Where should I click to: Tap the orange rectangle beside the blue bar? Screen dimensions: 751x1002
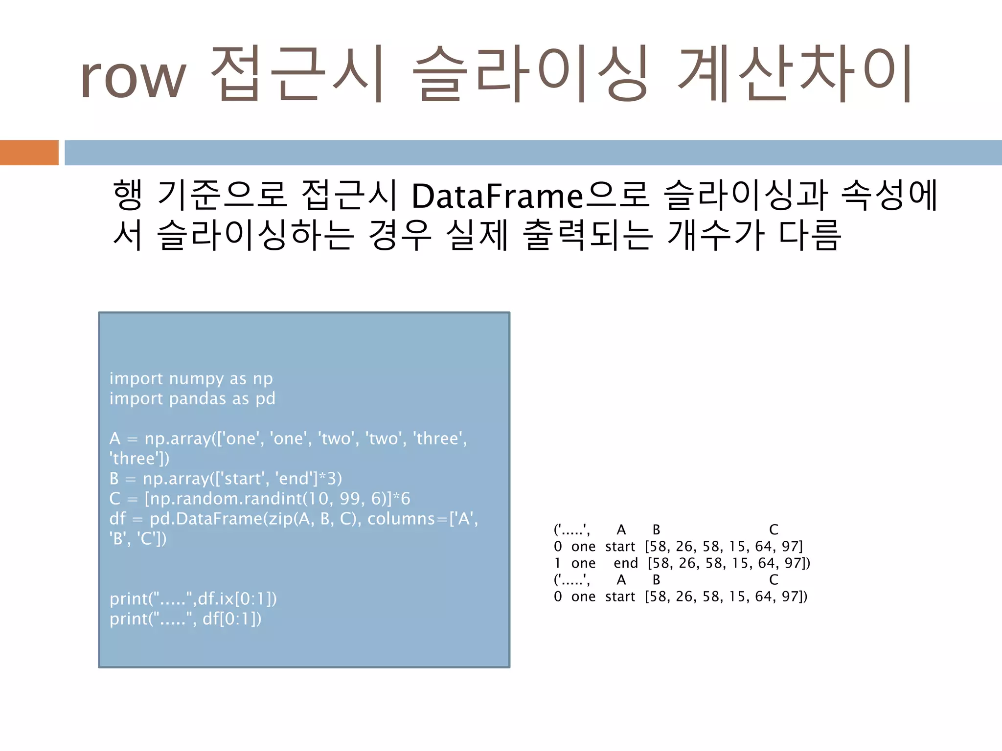(29, 153)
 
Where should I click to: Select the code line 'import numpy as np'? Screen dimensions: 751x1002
(191, 378)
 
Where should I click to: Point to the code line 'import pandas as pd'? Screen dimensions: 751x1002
(192, 398)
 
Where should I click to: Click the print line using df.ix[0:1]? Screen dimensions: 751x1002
(193, 599)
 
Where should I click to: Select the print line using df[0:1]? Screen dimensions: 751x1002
(185, 619)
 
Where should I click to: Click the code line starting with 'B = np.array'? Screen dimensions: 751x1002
(226, 479)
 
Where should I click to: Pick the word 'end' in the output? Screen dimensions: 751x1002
(626, 563)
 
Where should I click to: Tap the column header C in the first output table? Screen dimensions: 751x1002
(774, 530)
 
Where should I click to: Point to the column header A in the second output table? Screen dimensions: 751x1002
(621, 580)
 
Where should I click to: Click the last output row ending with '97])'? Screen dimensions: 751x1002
(680, 596)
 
